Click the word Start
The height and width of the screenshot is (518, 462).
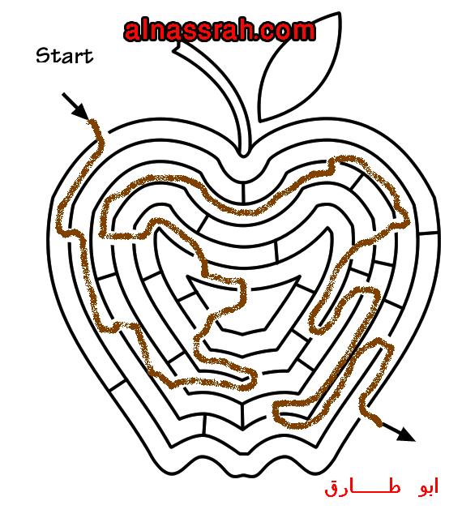[64, 56]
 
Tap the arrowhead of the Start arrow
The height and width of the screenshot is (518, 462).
[82, 112]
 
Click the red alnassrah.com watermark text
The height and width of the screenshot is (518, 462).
[220, 31]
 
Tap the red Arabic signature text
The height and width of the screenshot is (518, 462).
[382, 486]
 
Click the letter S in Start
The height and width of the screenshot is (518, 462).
[42, 56]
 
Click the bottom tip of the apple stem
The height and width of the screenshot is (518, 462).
[243, 156]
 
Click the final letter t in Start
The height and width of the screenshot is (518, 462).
[88, 56]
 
